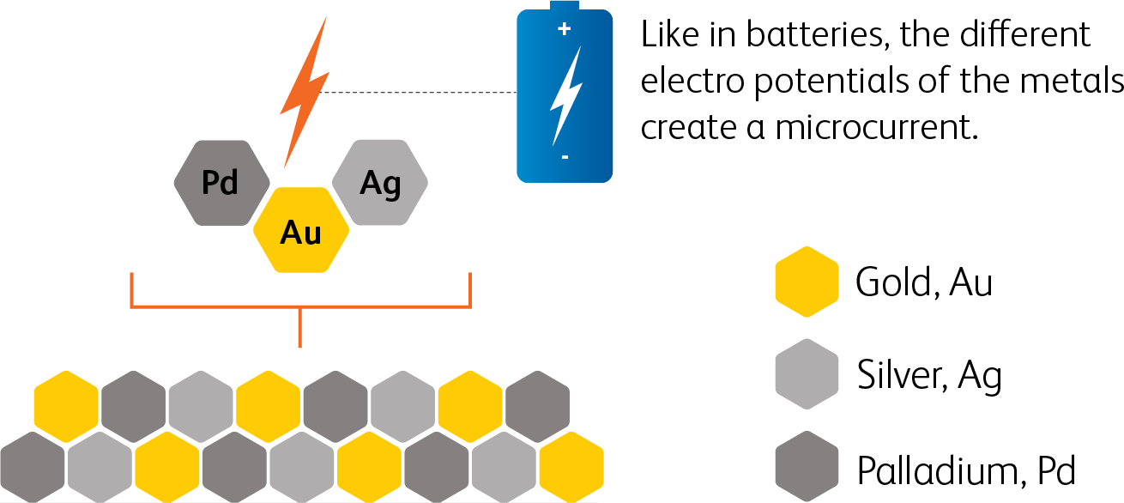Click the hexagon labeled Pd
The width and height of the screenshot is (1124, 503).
(221, 183)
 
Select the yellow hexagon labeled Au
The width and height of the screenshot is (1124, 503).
(301, 231)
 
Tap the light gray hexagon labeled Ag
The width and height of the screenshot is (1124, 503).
(379, 183)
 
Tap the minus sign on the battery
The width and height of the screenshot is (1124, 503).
(565, 158)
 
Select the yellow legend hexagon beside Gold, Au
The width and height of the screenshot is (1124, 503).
(806, 282)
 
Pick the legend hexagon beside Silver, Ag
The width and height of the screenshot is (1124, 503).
(806, 375)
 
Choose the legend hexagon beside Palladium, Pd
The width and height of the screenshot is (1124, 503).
(806, 469)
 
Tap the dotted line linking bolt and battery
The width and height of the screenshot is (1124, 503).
(420, 92)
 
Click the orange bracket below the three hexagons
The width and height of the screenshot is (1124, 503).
(300, 306)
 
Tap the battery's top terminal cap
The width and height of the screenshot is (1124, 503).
(565, 6)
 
